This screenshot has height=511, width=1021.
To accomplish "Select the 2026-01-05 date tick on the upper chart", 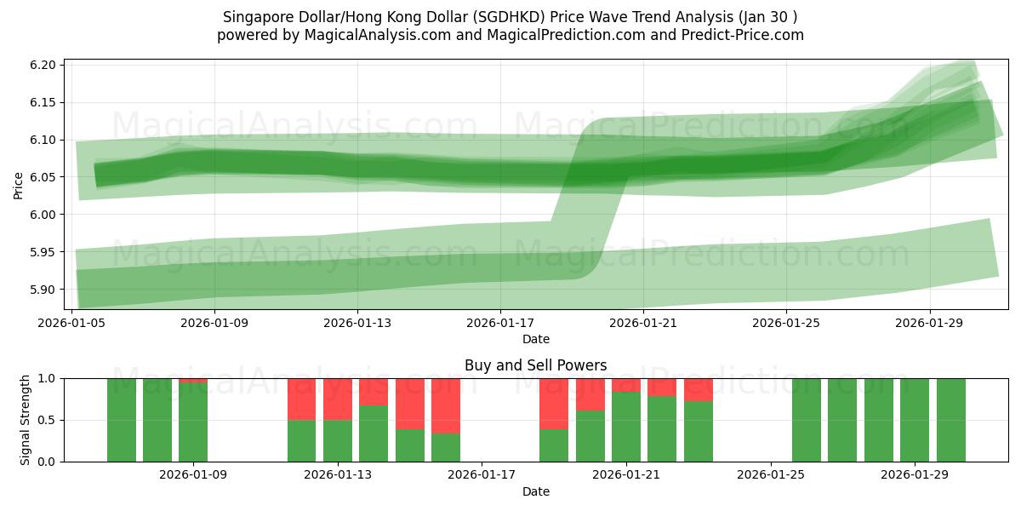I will click(x=72, y=324).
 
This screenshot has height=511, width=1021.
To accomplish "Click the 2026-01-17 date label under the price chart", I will click(x=500, y=324).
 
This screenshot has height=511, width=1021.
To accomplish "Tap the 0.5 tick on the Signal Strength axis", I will click(x=48, y=420).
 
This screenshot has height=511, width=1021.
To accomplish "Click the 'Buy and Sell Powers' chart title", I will click(x=535, y=365).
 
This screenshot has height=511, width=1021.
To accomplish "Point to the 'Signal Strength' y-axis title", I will click(x=26, y=420).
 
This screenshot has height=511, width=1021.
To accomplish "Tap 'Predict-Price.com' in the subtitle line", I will click(x=739, y=35).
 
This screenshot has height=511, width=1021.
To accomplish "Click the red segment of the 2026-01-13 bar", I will click(x=338, y=399).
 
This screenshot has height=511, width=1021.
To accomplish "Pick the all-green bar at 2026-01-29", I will click(x=915, y=420).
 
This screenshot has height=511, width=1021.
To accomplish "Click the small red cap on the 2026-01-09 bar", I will click(x=193, y=380).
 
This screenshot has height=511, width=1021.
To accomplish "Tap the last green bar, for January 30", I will click(x=950, y=420).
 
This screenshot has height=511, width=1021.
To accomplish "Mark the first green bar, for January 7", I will click(x=122, y=420).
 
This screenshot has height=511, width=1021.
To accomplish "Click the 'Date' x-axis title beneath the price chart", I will click(x=535, y=339).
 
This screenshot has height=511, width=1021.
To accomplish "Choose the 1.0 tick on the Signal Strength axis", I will click(x=48, y=378).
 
